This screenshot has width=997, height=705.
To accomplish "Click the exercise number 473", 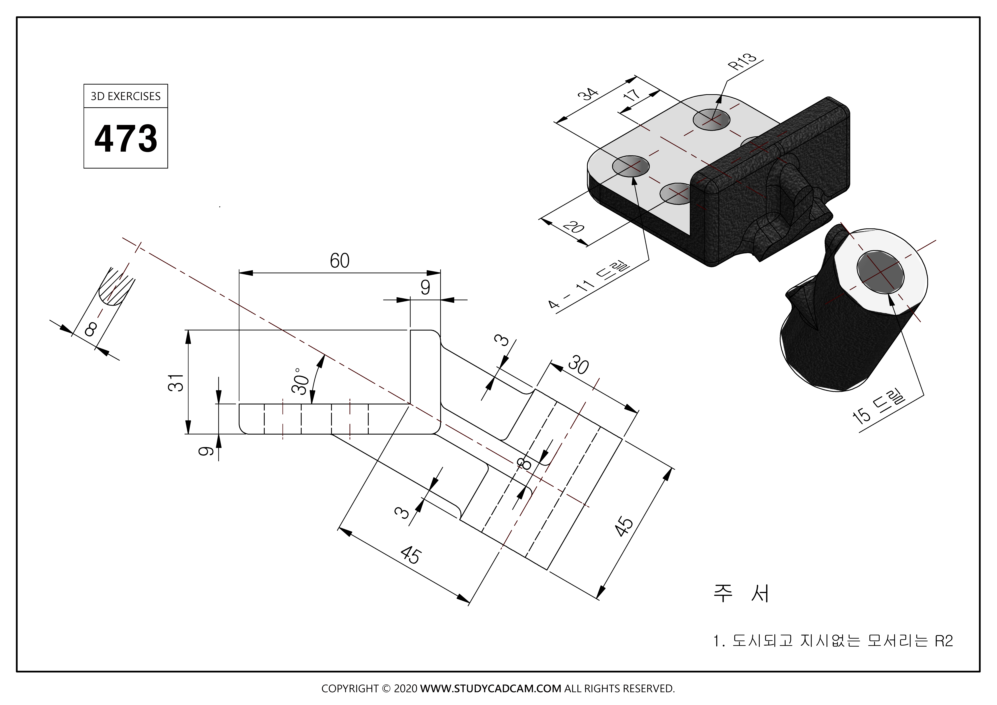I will (125, 139).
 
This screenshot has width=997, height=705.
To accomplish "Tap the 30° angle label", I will (301, 381).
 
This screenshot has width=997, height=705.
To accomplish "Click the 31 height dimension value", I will (176, 382).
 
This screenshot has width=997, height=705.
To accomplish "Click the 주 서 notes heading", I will (742, 593).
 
